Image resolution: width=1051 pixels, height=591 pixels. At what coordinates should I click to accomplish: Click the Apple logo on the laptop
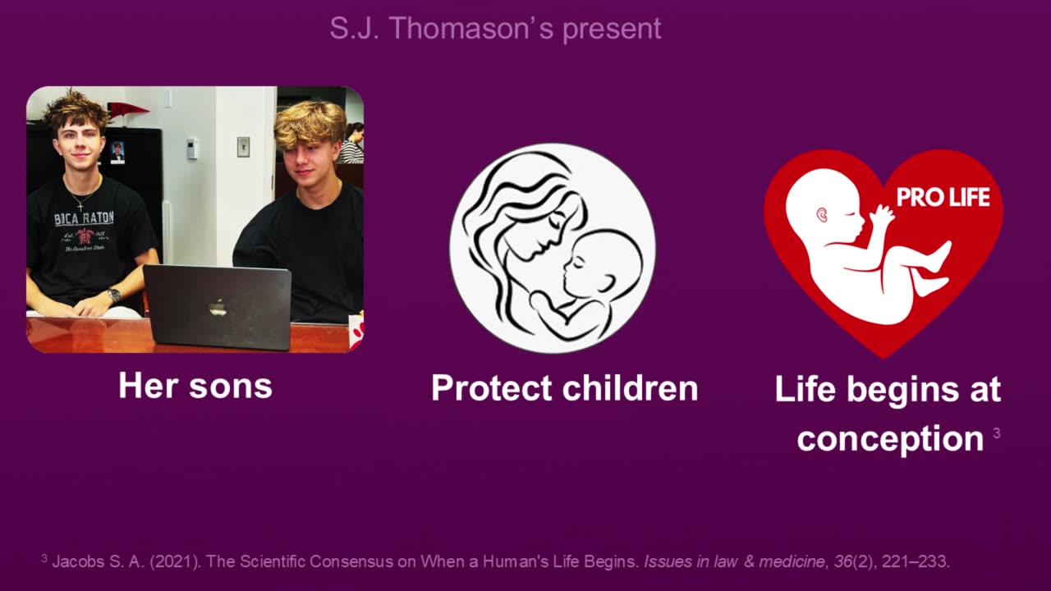tap(218, 307)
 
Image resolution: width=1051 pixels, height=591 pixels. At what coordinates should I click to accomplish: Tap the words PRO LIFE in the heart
tap(943, 198)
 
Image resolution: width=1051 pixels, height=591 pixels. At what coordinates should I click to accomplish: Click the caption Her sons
tap(195, 386)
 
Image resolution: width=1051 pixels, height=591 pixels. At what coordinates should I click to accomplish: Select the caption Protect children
tap(564, 388)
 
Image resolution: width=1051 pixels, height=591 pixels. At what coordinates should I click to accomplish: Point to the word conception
tap(890, 438)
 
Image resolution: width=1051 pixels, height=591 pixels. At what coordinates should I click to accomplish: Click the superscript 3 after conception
tap(997, 433)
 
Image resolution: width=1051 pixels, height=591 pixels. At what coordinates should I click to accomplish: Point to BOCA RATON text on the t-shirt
tap(84, 218)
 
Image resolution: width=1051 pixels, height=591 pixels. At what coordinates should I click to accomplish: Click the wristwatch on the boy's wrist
tap(113, 295)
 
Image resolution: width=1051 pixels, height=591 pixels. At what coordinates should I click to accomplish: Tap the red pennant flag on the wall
tap(127, 110)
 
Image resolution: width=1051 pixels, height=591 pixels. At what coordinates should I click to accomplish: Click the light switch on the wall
tap(243, 147)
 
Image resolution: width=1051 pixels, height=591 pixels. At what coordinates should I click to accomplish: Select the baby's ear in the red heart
tap(822, 215)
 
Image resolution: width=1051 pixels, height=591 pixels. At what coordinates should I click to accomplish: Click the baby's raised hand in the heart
tap(881, 216)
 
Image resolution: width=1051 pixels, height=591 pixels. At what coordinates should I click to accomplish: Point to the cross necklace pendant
tap(80, 206)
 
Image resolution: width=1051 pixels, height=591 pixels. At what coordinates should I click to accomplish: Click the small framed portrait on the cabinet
tap(117, 153)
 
